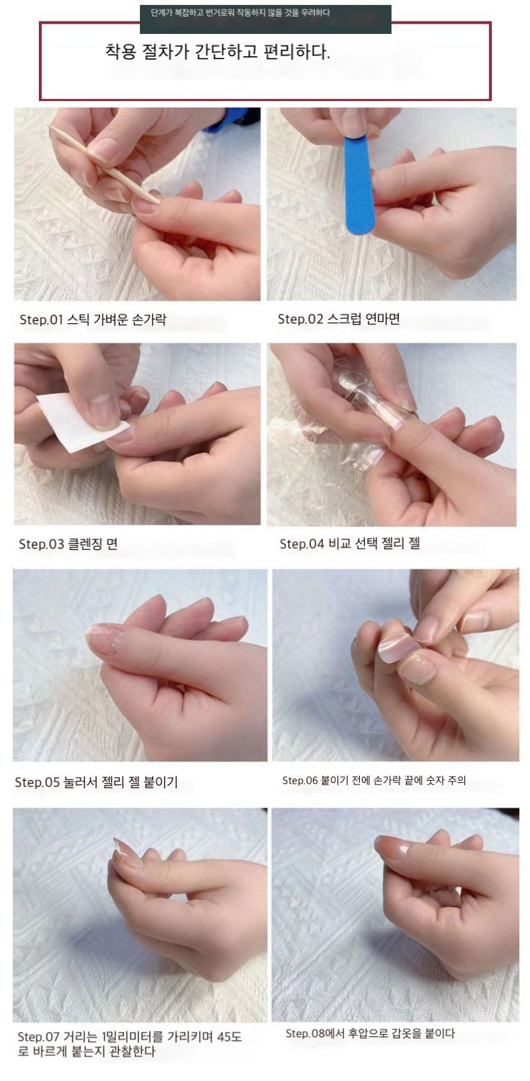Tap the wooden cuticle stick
pos(104,164)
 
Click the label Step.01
pos(41,319)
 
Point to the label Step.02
pos(300,318)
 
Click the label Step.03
pos(41,544)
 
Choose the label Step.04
pos(302,544)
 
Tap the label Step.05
pos(37,782)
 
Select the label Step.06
pos(300,780)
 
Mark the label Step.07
pos(38,1036)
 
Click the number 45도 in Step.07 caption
pos(229,1036)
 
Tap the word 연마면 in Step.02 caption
pos(382,318)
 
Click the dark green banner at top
pos(265,19)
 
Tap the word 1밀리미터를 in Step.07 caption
pos(133,1036)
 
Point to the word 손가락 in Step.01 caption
pos(149,319)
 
